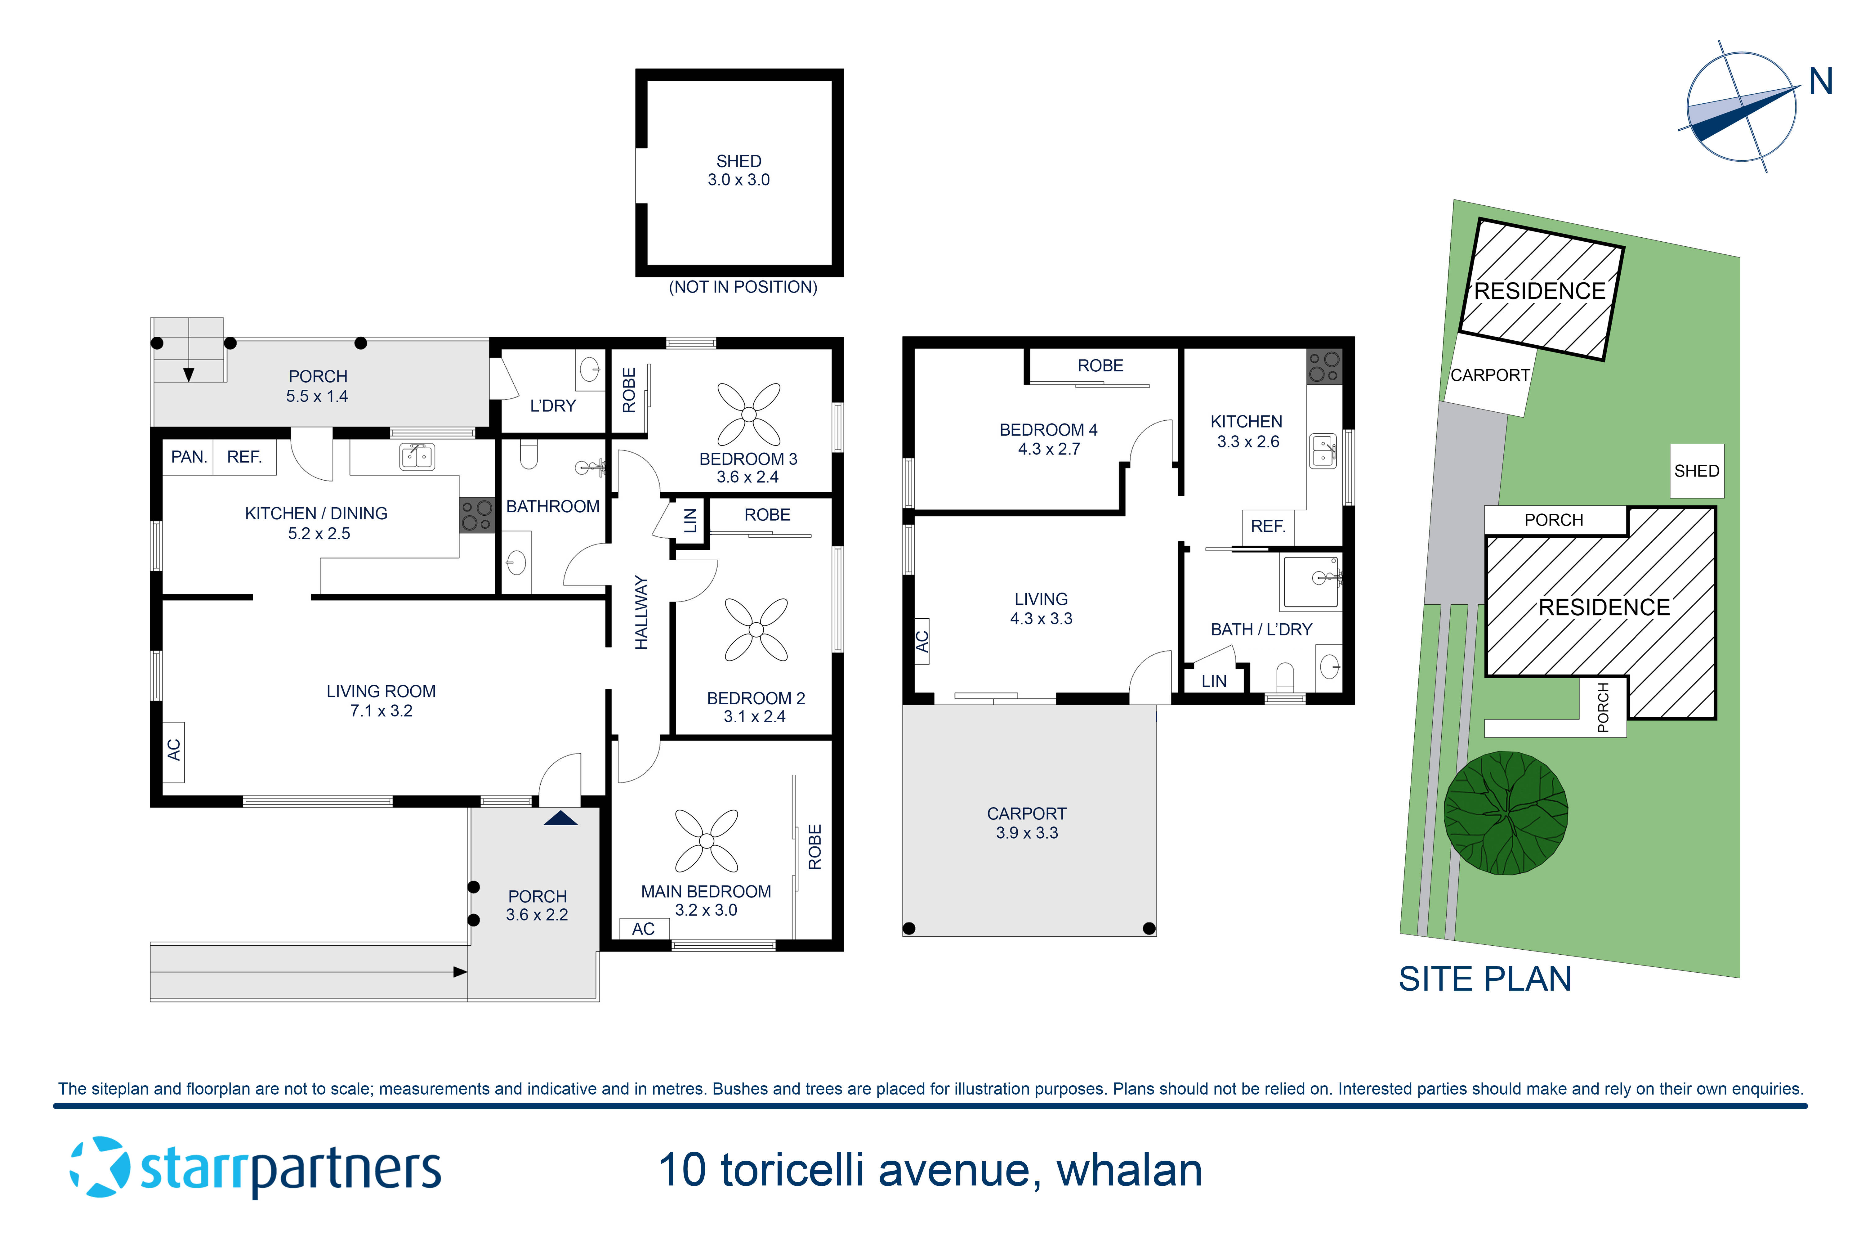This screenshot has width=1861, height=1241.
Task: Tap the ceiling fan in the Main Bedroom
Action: point(707,840)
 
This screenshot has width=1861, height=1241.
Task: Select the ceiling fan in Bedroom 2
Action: point(756,629)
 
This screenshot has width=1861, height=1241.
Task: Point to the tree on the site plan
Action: point(1506,813)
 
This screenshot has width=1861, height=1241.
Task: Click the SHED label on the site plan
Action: point(1696,471)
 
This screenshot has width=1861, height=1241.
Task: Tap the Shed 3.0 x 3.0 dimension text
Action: point(738,180)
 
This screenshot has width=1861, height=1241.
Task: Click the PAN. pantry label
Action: point(188,457)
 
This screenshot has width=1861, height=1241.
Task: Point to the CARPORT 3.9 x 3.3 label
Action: point(1026,823)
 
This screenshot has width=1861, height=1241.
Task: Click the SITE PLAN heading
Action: point(1484,979)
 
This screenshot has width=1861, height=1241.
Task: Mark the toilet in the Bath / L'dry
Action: point(1285,678)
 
